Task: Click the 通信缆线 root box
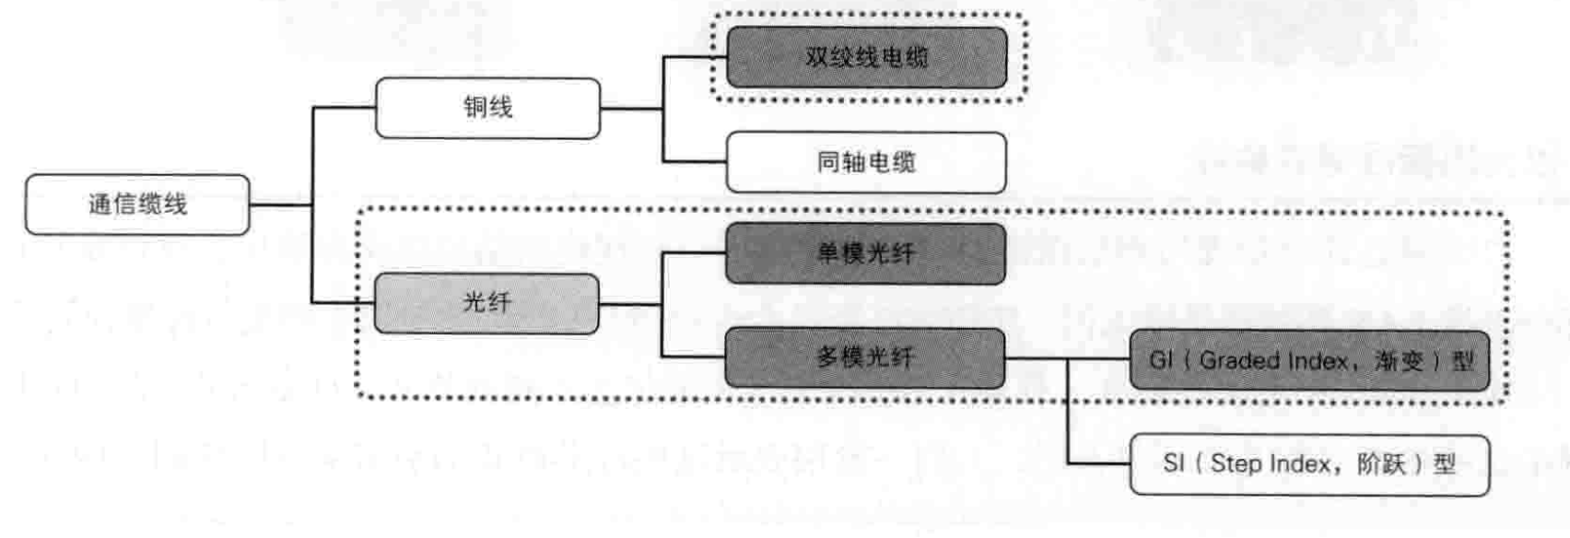pyautogui.click(x=137, y=205)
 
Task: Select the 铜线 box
pyautogui.click(x=487, y=108)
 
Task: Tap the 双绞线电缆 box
pyautogui.click(x=866, y=57)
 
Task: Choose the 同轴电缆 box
pyautogui.click(x=866, y=162)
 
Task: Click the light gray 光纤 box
pyautogui.click(x=486, y=302)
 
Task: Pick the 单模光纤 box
pyautogui.click(x=865, y=253)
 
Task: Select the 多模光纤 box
pyautogui.click(x=865, y=357)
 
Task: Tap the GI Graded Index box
pyautogui.click(x=1309, y=360)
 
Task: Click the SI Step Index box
pyautogui.click(x=1309, y=464)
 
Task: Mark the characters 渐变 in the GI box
pyautogui.click(x=1400, y=361)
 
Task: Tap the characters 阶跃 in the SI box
pyautogui.click(x=1382, y=464)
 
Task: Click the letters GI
pyautogui.click(x=1161, y=360)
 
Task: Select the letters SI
pyautogui.click(x=1173, y=463)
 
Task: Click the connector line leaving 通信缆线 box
pyautogui.click(x=280, y=205)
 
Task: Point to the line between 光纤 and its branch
pyautogui.click(x=630, y=303)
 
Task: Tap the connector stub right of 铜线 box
pyautogui.click(x=631, y=109)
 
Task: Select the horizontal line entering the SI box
pyautogui.click(x=1099, y=463)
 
